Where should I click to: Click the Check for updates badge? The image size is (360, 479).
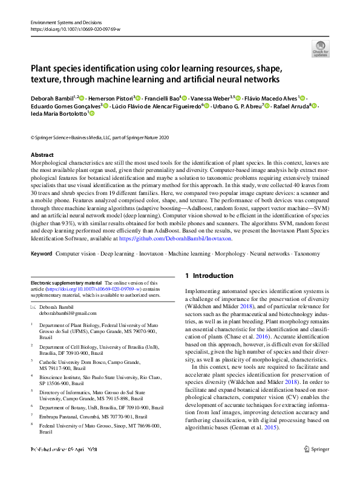click(321, 48)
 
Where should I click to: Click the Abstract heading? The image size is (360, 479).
click(42, 155)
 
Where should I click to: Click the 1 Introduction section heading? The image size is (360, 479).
click(209, 276)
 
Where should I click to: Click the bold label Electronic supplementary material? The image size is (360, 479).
click(66, 283)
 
